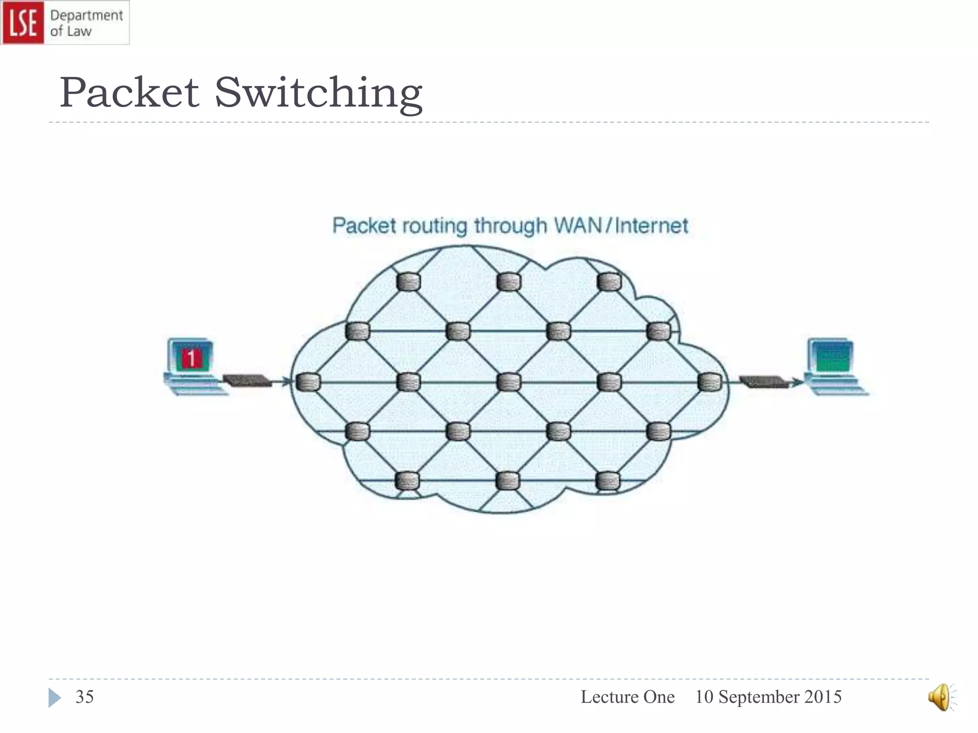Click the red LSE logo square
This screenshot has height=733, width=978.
click(x=22, y=22)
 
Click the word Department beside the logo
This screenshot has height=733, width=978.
click(x=86, y=15)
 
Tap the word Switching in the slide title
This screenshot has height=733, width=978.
click(x=318, y=93)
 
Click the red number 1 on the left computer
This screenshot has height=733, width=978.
click(x=191, y=358)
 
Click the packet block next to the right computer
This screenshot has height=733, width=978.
click(x=763, y=381)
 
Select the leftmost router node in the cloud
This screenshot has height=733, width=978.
click(x=308, y=382)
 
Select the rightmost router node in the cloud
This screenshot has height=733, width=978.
click(x=710, y=382)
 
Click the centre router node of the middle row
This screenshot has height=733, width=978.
click(x=509, y=382)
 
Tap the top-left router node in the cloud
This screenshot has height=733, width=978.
click(x=408, y=282)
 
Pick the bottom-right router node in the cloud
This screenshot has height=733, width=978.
click(x=608, y=481)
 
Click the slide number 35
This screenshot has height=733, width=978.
click(x=85, y=697)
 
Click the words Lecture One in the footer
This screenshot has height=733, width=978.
click(x=627, y=697)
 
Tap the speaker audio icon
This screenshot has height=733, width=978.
click(x=940, y=697)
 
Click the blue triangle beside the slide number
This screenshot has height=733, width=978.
click(x=54, y=698)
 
